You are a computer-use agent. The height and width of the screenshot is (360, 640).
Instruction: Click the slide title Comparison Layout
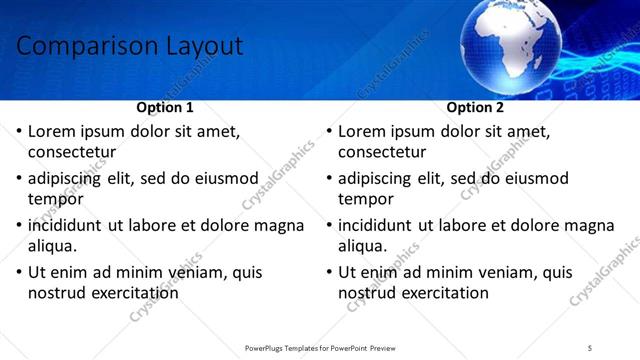[x=130, y=46]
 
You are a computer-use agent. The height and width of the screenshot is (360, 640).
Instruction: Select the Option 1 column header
[x=164, y=107]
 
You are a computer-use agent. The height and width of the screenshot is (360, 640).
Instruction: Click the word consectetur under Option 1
[x=72, y=153]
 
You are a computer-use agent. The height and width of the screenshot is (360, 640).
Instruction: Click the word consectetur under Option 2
[x=382, y=153]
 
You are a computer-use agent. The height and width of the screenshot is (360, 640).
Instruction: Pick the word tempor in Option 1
[x=53, y=199]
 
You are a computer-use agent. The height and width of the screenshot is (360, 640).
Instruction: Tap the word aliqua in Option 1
[x=53, y=246]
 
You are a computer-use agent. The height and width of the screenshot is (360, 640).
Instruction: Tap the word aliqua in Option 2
[x=363, y=246]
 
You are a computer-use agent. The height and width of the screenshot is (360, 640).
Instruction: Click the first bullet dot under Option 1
[x=18, y=131]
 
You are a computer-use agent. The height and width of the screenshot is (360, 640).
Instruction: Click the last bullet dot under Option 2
[x=328, y=272]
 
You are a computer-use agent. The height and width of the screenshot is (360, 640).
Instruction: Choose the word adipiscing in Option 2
[x=374, y=178]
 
